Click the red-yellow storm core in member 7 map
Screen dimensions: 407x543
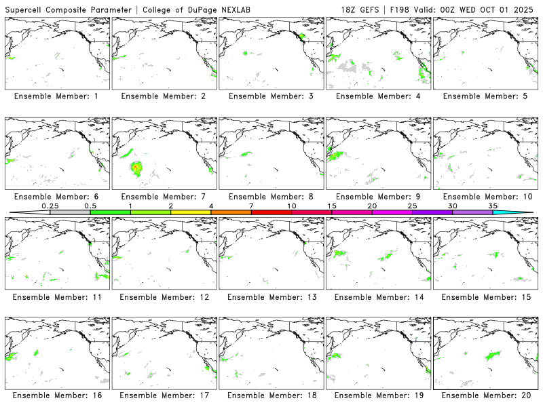point(136,166)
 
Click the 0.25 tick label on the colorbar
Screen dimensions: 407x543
point(50,206)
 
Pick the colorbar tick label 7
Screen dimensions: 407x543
point(251,206)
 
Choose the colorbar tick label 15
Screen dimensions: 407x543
point(332,206)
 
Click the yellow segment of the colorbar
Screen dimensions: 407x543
point(191,212)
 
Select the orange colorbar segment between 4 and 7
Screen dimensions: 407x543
point(231,212)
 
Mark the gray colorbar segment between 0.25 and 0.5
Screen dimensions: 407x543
point(70,212)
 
